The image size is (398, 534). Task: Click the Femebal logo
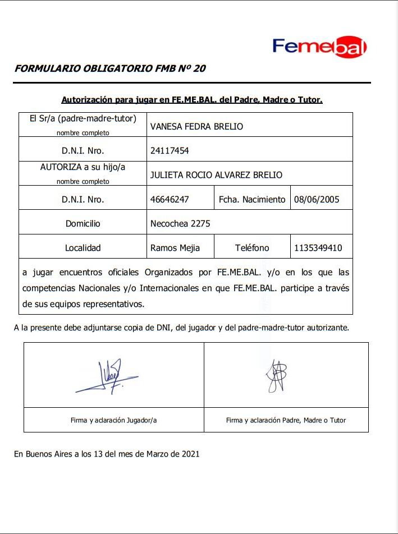319,47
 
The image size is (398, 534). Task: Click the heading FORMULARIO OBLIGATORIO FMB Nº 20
110,69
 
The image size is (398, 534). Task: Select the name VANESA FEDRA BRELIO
196,127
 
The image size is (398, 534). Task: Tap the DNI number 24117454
169,151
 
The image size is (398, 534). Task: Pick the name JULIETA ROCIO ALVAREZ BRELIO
216,175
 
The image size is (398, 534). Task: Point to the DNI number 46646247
170,199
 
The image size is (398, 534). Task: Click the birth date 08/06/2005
317,199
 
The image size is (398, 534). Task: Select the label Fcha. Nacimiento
251,199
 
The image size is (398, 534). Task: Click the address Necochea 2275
180,223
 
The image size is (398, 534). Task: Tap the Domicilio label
83,223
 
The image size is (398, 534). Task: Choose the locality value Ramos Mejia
175,247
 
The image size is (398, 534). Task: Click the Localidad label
83,247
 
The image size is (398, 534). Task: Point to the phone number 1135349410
318,247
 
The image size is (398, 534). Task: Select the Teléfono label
251,247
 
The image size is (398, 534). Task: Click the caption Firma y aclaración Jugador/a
113,420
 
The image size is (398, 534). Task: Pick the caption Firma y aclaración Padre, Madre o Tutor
286,420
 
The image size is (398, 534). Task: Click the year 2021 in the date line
190,454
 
